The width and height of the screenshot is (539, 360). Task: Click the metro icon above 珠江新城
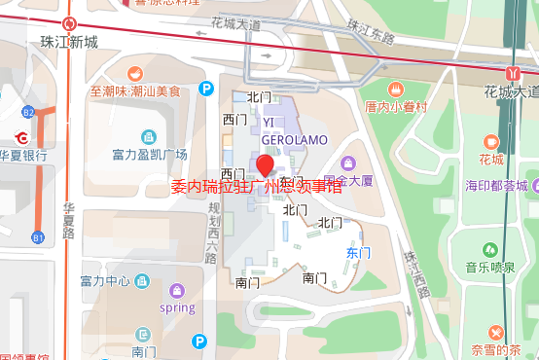click(69, 23)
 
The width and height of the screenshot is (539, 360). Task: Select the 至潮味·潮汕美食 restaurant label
click(136, 92)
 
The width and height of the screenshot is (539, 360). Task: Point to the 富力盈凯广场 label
click(149, 154)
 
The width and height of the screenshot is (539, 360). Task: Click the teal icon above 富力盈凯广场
click(149, 137)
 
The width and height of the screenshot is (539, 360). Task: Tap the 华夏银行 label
click(23, 154)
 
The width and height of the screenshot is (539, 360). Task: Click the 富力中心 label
click(105, 281)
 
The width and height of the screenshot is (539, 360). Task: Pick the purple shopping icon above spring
click(177, 290)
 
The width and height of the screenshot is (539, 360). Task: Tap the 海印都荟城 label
click(495, 185)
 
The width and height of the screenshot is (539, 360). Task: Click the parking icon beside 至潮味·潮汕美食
click(206, 89)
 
